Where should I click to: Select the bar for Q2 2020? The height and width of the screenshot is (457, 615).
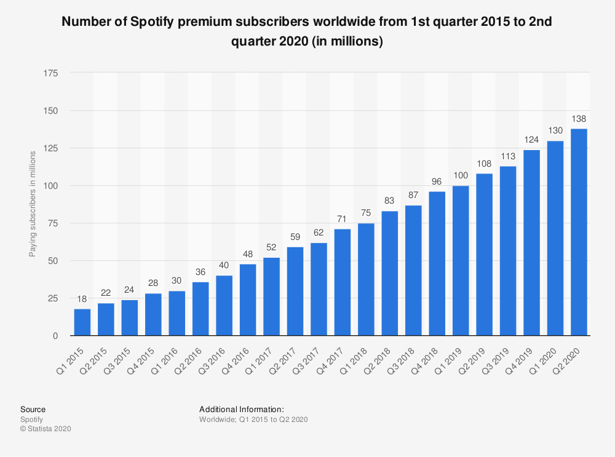(x=579, y=232)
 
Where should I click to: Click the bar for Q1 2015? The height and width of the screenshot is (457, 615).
(x=82, y=322)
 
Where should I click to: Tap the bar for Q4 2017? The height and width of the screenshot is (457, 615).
(x=343, y=282)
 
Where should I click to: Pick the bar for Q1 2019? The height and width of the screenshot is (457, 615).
(x=461, y=261)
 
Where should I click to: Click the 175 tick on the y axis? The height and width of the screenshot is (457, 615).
(x=51, y=73)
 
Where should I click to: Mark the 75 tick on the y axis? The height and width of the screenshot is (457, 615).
(x=54, y=223)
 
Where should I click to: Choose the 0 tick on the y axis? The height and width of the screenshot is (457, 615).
(x=55, y=336)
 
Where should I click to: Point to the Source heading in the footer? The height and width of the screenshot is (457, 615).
(x=33, y=409)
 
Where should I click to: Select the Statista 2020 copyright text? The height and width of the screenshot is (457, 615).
(x=46, y=429)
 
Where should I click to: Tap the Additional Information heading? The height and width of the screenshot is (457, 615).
(x=241, y=409)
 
